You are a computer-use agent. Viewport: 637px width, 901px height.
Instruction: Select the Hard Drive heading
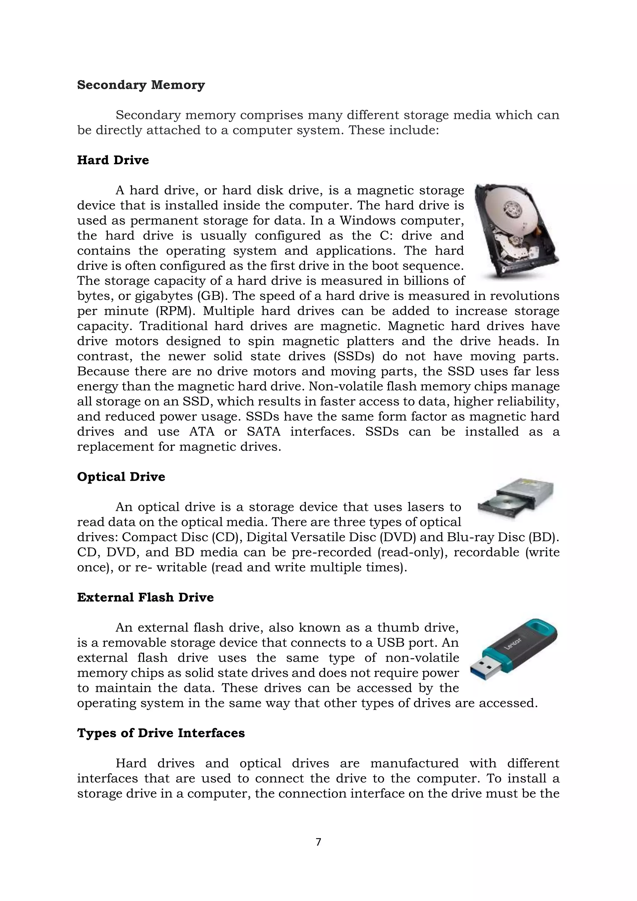click(x=113, y=160)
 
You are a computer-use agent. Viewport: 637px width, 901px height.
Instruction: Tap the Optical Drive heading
click(x=121, y=477)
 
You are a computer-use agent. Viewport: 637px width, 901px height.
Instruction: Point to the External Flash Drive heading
click(x=145, y=597)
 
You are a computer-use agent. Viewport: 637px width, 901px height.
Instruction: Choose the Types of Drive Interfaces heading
click(x=161, y=733)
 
